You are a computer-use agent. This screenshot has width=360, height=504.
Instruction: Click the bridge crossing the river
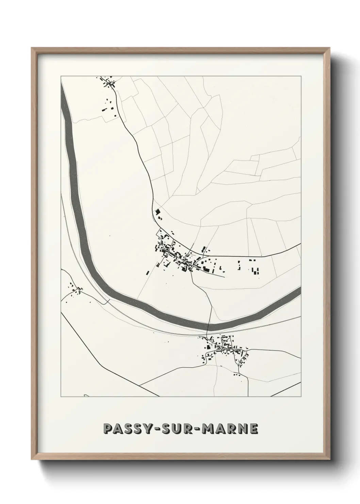208,327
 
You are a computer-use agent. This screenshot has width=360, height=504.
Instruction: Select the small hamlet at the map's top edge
107,82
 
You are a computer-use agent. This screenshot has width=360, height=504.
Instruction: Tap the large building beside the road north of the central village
157,212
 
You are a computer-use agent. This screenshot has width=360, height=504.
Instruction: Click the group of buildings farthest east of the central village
254,271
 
